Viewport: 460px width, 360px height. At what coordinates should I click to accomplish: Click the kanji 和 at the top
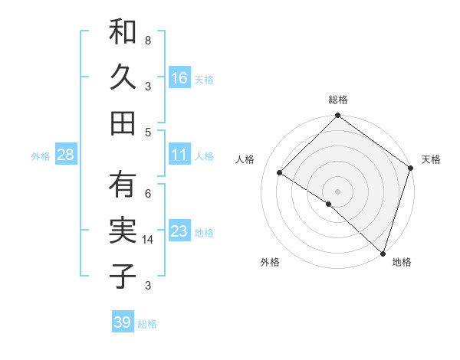pyautogui.click(x=123, y=31)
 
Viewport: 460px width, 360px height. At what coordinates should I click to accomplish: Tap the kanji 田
pyautogui.click(x=123, y=122)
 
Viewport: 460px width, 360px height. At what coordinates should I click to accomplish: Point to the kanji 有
pyautogui.click(x=123, y=185)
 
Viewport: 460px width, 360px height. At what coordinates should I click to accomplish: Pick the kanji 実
pyautogui.click(x=123, y=231)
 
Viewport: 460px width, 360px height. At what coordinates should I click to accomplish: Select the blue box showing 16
pyautogui.click(x=179, y=77)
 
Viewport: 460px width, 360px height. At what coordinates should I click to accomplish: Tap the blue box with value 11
pyautogui.click(x=179, y=155)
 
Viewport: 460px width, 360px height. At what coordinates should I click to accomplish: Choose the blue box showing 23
pyautogui.click(x=179, y=231)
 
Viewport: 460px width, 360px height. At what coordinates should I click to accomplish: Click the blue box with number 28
pyautogui.click(x=66, y=155)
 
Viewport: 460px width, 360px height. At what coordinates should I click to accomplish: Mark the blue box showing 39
pyautogui.click(x=123, y=322)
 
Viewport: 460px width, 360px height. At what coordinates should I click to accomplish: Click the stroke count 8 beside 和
pyautogui.click(x=147, y=40)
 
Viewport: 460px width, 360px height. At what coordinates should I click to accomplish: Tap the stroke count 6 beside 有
pyautogui.click(x=147, y=193)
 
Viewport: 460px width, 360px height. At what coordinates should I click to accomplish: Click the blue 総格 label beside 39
pyautogui.click(x=147, y=324)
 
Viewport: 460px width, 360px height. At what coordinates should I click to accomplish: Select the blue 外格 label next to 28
pyautogui.click(x=41, y=156)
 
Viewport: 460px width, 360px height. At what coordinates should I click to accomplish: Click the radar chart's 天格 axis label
pyautogui.click(x=431, y=159)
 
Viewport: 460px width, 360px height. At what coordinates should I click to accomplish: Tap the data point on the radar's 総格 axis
pyautogui.click(x=337, y=117)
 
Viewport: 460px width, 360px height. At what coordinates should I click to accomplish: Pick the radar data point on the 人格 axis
pyautogui.click(x=280, y=173)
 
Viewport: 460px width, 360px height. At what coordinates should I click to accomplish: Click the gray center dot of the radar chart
pyautogui.click(x=337, y=191)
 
